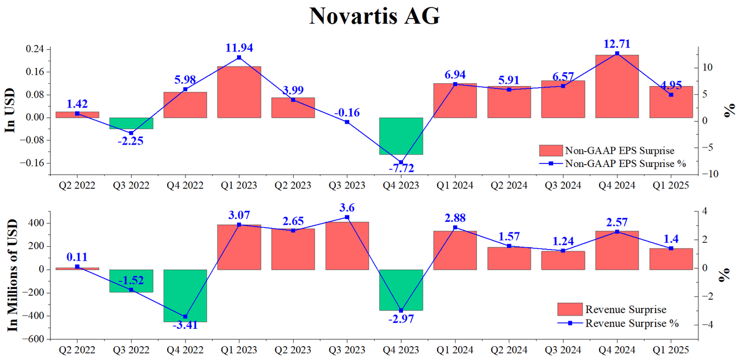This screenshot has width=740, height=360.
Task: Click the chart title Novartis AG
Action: coord(374,16)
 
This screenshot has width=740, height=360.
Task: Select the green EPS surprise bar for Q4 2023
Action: coord(401,136)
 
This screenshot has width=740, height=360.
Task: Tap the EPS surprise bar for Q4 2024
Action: coord(617,86)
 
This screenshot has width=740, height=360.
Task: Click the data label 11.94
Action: coord(239,47)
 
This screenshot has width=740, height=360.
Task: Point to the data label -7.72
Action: coord(401,168)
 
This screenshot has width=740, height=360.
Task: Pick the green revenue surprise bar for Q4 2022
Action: coord(185,295)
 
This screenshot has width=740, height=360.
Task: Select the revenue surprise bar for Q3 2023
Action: coord(347,246)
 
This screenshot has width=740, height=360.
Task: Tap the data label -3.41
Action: coord(185,325)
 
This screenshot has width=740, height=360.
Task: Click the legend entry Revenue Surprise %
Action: coord(631,323)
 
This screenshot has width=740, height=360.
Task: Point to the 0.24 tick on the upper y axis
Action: coord(36,49)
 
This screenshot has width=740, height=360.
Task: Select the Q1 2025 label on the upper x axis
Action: coord(671,185)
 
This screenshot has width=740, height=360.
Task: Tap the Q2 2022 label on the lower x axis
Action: coord(77,349)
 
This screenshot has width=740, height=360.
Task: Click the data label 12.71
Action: coord(617,43)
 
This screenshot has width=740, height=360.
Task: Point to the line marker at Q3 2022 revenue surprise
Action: coord(131,290)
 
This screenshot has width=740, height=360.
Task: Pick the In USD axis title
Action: coord(10,112)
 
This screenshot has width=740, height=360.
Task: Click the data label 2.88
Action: coord(455,218)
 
